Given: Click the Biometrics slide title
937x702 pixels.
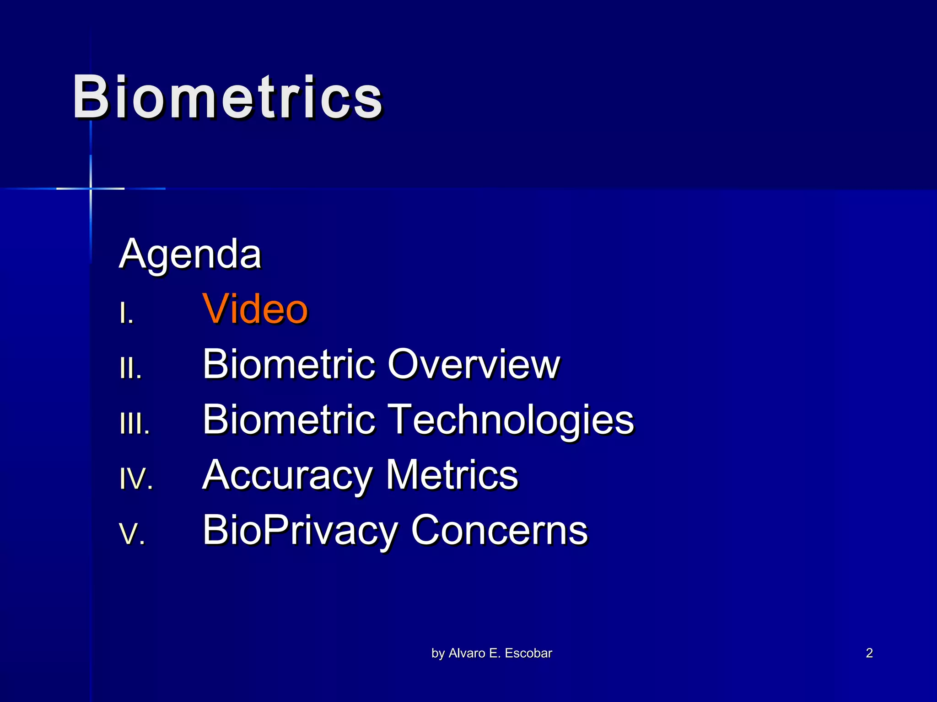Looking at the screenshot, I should [227, 97].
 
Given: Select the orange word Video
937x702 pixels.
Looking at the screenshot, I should [255, 309].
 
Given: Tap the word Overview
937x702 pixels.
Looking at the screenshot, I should [474, 364].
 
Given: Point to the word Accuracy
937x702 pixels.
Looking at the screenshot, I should [286, 475].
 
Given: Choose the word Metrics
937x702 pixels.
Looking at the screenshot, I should [452, 475].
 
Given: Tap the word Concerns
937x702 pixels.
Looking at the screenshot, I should [499, 530].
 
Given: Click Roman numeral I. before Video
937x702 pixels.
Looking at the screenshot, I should [126, 314].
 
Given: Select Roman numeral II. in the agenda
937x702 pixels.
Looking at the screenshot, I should [130, 369].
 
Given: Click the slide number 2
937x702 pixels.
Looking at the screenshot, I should [869, 653].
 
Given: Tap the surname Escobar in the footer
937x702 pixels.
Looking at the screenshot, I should [528, 653].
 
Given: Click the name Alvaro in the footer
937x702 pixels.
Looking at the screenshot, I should [467, 653].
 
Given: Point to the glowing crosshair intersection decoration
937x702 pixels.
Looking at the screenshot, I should [91, 188].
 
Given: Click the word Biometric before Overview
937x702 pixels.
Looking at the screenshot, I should [289, 364].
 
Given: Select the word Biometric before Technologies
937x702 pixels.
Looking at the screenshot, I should [289, 420].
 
